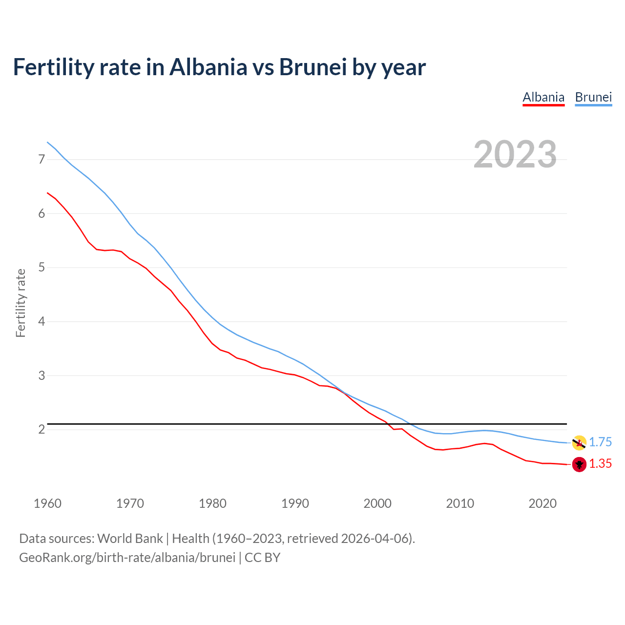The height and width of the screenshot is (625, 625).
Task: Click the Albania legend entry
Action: click(x=543, y=97)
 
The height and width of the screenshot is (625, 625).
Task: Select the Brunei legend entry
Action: click(x=593, y=97)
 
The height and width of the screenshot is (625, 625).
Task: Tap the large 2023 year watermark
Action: click(x=515, y=154)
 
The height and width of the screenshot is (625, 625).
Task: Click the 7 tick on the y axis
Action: click(x=42, y=160)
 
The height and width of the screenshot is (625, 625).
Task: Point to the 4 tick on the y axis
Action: click(x=42, y=322)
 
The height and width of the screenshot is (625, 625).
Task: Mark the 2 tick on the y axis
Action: click(x=42, y=430)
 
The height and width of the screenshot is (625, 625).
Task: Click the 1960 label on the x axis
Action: click(x=47, y=503)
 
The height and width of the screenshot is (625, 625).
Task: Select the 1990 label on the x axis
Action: click(x=295, y=503)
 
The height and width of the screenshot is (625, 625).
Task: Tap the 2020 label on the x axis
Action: click(x=542, y=503)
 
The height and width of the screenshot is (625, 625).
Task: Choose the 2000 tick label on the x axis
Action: click(x=377, y=503)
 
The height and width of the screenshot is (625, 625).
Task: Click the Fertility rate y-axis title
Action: click(x=21, y=303)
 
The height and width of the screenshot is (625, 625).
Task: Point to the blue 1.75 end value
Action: click(x=600, y=442)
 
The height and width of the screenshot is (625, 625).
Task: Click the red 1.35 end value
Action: click(x=600, y=464)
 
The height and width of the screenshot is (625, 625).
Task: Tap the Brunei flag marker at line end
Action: click(x=579, y=443)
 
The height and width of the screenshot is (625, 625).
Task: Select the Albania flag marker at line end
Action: click(x=579, y=464)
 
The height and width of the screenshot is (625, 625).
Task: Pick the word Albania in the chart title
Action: click(x=208, y=67)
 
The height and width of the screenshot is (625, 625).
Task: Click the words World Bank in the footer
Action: click(x=130, y=539)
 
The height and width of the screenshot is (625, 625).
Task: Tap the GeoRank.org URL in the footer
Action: click(x=127, y=558)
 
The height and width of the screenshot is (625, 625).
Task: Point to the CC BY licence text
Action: click(x=262, y=558)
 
